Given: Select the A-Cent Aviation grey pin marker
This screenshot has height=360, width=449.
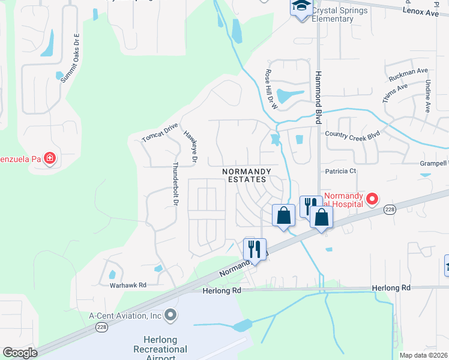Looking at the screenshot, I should [x=170, y=315].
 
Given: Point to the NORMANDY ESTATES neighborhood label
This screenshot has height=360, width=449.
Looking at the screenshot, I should [x=247, y=175].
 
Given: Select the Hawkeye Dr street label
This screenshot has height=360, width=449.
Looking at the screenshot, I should [x=190, y=146].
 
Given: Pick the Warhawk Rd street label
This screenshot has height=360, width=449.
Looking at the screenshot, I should [x=128, y=286].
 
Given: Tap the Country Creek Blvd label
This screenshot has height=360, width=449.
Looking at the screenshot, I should [x=352, y=135].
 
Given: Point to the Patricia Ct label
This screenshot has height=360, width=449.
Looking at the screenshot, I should [x=340, y=171].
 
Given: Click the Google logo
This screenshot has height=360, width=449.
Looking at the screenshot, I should [x=20, y=353].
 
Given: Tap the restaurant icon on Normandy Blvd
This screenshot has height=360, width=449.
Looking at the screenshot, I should [x=255, y=248].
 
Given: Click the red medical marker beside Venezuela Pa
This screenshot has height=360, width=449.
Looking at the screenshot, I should [x=50, y=159].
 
